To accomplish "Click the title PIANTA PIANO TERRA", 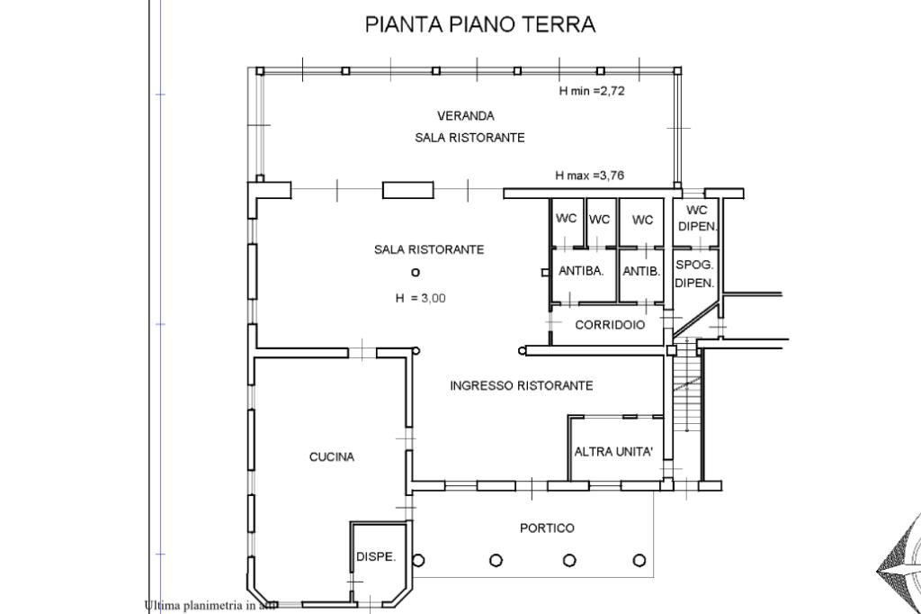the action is [480, 24].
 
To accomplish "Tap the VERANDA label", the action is [466, 116].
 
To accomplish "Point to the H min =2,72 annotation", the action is [592, 91].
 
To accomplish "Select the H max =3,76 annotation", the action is [590, 176].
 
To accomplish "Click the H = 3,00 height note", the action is [421, 298].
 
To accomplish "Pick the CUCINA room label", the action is [332, 457].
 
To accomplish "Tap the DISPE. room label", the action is [376, 556].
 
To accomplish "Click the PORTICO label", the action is [547, 528].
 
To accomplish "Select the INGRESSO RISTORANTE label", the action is [522, 386].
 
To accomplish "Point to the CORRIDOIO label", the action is [610, 325].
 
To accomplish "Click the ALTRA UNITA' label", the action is [613, 452].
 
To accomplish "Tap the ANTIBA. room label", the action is [582, 271].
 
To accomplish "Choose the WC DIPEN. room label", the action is [697, 218].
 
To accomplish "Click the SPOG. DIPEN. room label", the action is [694, 274].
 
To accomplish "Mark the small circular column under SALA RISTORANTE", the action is [416, 272].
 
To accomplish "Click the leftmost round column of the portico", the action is [419, 559].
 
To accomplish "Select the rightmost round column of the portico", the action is [639, 560].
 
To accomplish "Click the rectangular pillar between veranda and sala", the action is [408, 190].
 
